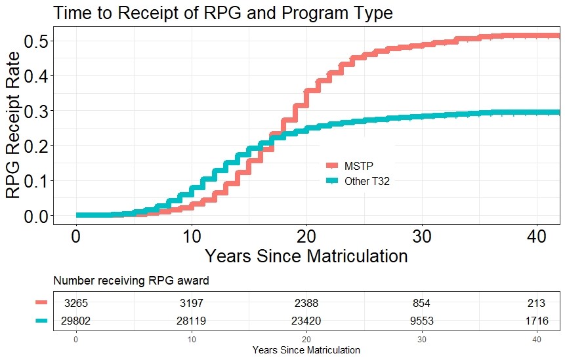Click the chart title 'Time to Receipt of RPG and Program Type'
223,13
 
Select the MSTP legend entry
358,165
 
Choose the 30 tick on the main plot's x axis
421,235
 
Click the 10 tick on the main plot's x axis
191,235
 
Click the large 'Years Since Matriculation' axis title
306,256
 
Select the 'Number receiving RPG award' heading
131,281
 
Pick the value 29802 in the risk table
76,321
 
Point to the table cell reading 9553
421,321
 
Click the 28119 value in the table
191,321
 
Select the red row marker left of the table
42,302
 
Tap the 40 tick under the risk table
536,339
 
